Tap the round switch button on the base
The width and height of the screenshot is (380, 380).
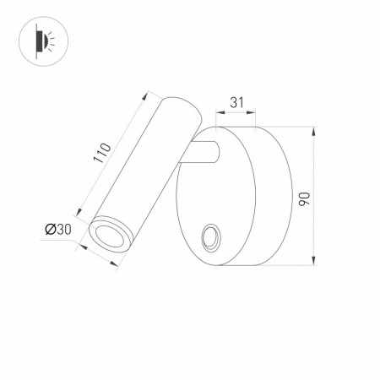coord(209,236)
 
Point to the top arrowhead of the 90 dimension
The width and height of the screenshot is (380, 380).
coord(313,132)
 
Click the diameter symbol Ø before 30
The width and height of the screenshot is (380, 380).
coord(50,229)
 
